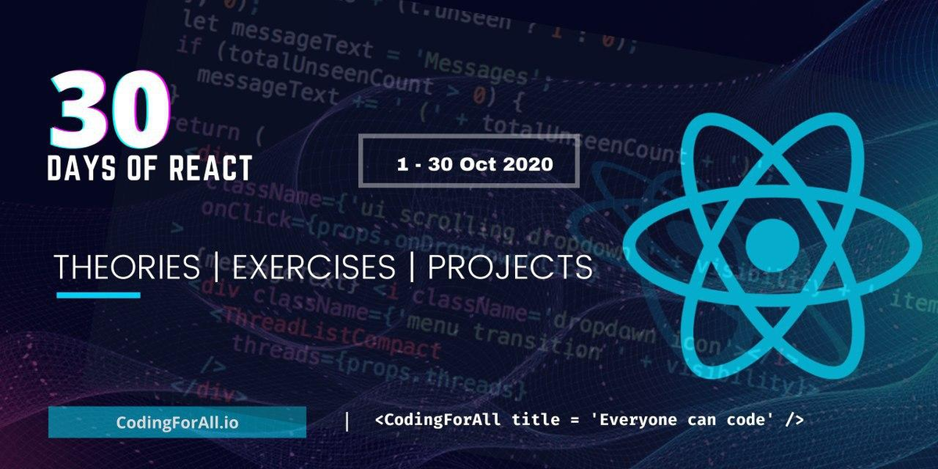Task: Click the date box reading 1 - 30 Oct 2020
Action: point(468,161)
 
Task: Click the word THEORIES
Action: point(127,268)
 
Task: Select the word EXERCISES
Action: point(314,268)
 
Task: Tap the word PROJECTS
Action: point(510,268)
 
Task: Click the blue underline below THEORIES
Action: point(98,295)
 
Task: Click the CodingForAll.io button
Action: point(177,422)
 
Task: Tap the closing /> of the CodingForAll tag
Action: point(793,421)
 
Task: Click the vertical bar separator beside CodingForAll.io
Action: point(347,421)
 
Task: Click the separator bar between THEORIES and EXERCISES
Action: point(217,268)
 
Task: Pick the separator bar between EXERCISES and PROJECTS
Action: point(411,268)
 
